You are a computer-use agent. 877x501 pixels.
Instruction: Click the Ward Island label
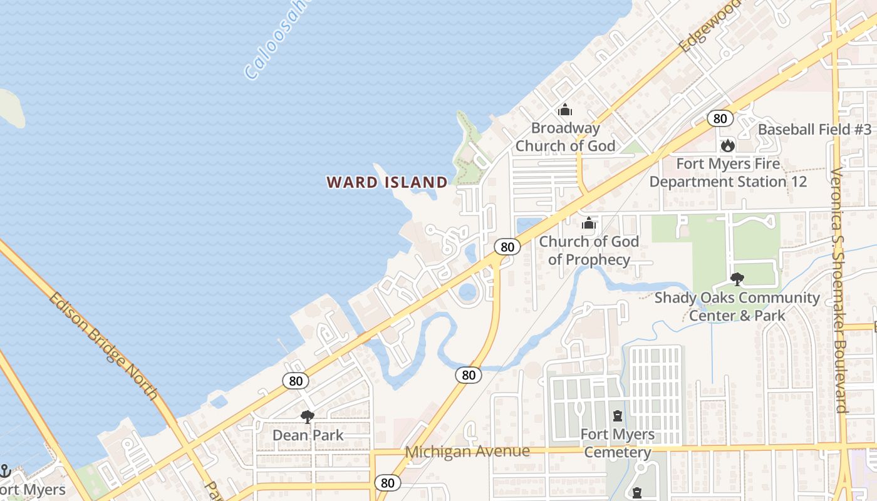click(387, 182)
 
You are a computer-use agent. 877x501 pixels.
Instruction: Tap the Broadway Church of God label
click(565, 137)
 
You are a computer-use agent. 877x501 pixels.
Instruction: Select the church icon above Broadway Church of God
click(565, 110)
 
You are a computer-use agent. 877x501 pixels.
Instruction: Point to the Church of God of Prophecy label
click(589, 250)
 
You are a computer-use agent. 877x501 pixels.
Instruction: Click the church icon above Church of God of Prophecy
click(589, 223)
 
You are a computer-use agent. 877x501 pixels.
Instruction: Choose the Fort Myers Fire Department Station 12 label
click(728, 173)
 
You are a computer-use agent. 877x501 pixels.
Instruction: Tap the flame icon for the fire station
click(727, 146)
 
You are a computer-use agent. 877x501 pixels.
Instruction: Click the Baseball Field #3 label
click(814, 130)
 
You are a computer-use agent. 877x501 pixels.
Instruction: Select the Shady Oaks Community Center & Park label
click(737, 306)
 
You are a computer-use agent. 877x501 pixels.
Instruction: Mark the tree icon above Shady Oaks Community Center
click(737, 279)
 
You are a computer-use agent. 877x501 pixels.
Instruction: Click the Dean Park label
click(308, 435)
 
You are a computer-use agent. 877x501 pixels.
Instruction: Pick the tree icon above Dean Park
click(307, 416)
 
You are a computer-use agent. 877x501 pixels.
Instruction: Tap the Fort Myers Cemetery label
click(618, 443)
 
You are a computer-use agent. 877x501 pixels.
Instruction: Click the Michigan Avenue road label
click(467, 451)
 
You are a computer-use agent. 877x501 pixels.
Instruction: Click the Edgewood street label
click(709, 25)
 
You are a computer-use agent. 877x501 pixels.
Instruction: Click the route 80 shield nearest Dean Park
click(295, 380)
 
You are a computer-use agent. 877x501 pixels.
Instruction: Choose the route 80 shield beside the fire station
click(720, 118)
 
